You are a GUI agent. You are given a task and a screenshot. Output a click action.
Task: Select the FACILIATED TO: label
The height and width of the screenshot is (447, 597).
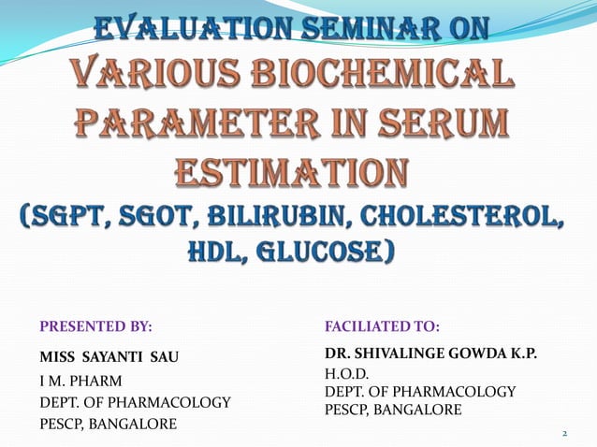tap(382, 326)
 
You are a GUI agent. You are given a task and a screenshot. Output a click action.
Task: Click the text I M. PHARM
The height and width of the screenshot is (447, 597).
tap(81, 381)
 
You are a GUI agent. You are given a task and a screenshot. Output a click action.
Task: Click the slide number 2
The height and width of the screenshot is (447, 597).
tap(565, 434)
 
